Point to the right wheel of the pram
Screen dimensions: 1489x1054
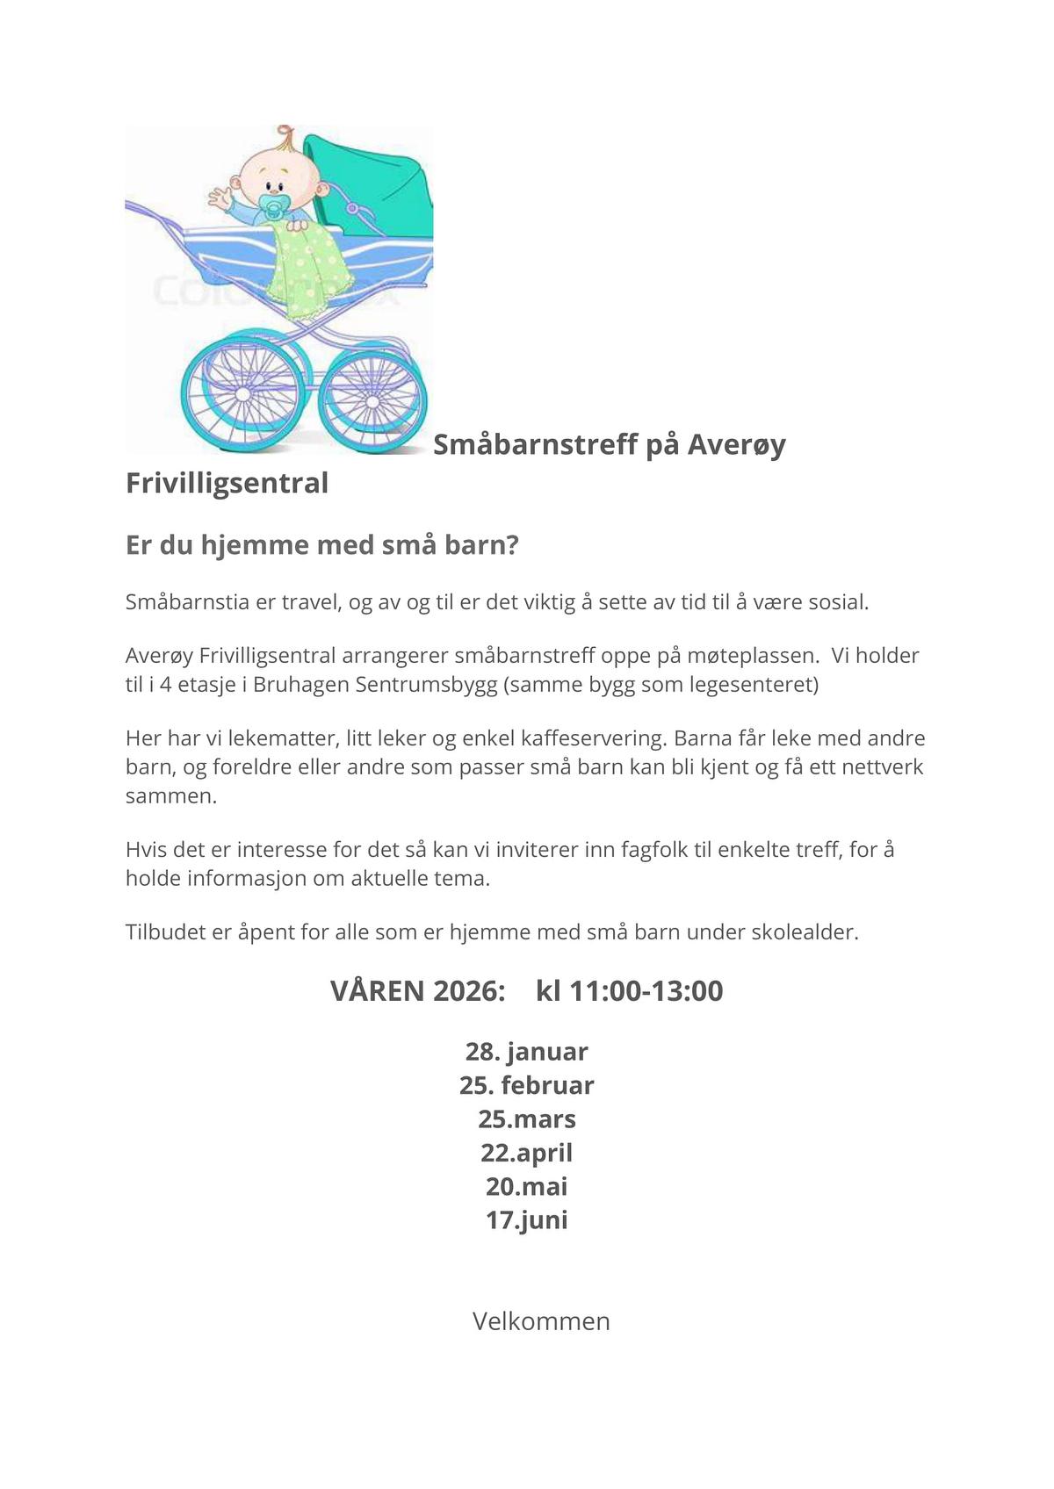[372, 400]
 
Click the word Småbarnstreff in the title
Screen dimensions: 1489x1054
[536, 445]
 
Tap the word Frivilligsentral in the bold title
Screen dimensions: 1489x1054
[227, 484]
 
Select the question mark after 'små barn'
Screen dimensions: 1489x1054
[513, 545]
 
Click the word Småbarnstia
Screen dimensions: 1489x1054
[182, 602]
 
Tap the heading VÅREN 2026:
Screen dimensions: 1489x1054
[418, 991]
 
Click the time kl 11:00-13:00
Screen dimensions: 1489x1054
[629, 991]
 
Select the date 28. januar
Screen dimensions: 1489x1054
[527, 1052]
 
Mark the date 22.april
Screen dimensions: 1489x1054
[527, 1153]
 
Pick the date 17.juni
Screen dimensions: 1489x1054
[527, 1220]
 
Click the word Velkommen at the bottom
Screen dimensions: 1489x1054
[541, 1321]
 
